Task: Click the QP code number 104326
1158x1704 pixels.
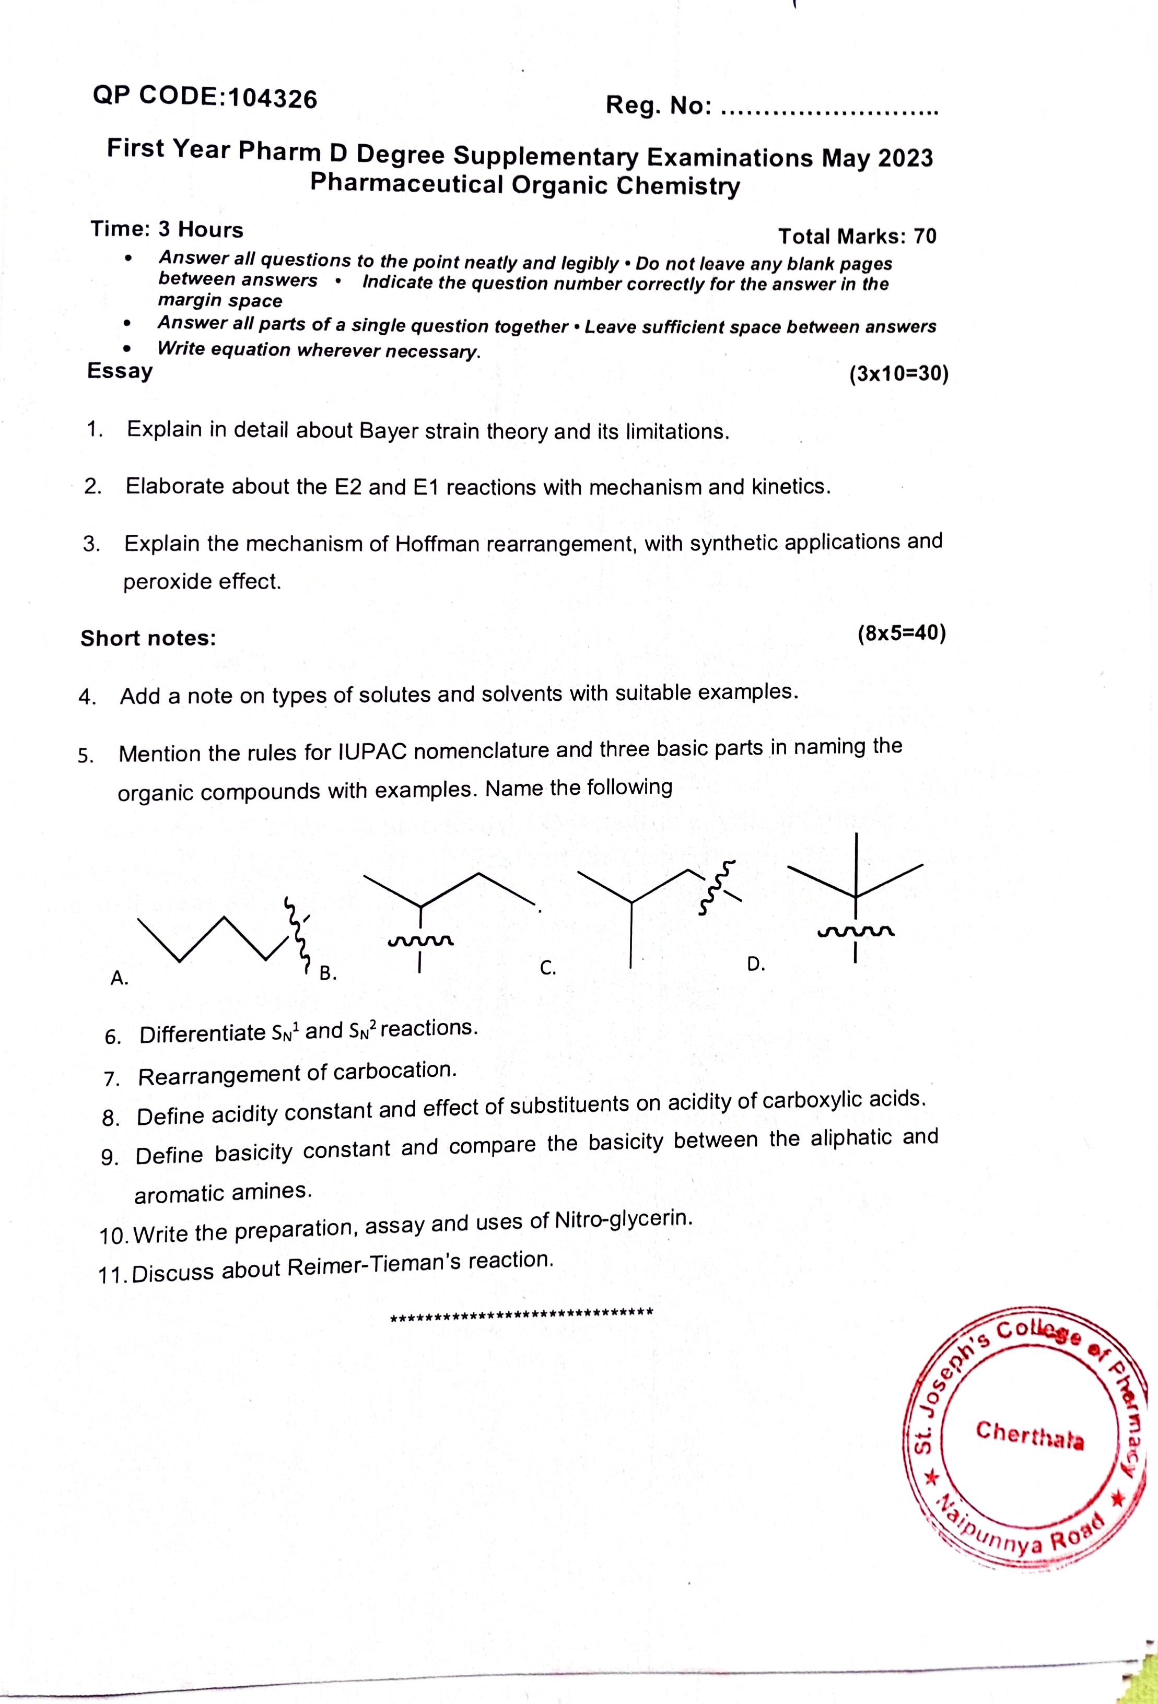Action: tap(273, 98)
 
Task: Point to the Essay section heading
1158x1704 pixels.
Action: tap(120, 371)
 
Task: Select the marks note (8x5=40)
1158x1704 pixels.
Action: tap(902, 633)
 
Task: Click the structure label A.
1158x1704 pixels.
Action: tap(119, 978)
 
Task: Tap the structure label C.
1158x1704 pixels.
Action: tap(548, 968)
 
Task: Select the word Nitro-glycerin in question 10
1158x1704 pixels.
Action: tap(623, 1220)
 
